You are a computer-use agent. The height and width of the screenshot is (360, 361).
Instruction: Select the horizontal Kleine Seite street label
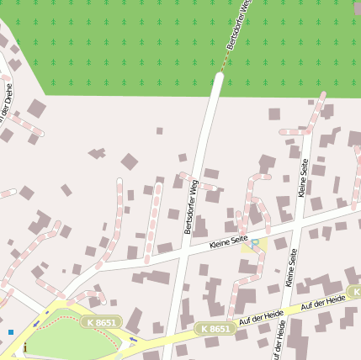(x=228, y=241)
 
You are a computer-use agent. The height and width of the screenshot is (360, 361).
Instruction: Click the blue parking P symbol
(x=255, y=242)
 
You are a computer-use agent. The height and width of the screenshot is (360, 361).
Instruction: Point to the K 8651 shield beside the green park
(x=102, y=322)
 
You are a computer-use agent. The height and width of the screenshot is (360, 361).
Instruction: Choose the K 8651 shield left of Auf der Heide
(x=213, y=329)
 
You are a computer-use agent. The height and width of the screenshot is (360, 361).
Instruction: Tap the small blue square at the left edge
(x=11, y=332)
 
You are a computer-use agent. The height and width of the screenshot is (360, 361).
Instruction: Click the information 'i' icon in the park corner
(x=25, y=347)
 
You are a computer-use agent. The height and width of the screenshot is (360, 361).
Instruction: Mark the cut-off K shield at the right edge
(x=355, y=292)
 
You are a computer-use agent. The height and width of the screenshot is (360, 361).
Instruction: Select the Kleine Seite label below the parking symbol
(x=292, y=268)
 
